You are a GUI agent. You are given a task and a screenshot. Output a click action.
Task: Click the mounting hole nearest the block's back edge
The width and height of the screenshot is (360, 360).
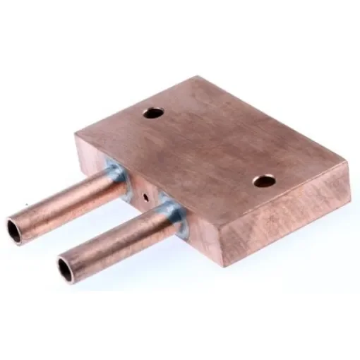pyautogui.click(x=152, y=112)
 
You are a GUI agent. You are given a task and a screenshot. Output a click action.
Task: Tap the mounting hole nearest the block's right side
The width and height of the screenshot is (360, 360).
pyautogui.click(x=264, y=181)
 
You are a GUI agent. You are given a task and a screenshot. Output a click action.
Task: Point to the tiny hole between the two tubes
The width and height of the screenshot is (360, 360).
pyautogui.click(x=144, y=198)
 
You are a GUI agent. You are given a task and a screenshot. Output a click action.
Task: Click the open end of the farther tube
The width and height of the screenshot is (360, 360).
pyautogui.click(x=15, y=231)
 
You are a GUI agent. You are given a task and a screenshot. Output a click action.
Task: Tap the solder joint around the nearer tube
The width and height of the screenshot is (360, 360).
pyautogui.click(x=174, y=214)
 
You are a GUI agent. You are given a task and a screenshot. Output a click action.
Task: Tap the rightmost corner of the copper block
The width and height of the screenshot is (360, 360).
pyautogui.click(x=348, y=164)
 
